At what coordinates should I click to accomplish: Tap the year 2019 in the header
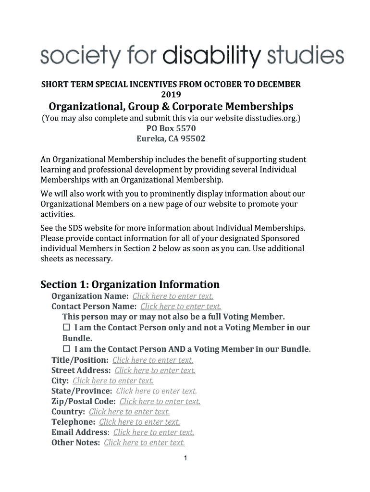[x=171, y=94]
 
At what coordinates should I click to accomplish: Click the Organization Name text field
[x=173, y=296]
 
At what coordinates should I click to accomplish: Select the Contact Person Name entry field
[x=181, y=307]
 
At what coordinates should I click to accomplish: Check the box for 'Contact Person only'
[x=66, y=327]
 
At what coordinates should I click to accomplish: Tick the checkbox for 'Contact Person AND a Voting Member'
[x=66, y=348]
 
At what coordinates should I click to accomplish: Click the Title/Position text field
[x=153, y=360]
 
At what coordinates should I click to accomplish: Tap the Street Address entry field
[x=155, y=370]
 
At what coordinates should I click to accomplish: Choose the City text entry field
[x=113, y=381]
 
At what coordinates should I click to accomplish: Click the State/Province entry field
[x=157, y=391]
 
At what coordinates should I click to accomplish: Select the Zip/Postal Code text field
[x=160, y=402]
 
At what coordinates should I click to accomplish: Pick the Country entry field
[x=129, y=412]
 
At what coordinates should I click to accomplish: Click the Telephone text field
[x=139, y=422]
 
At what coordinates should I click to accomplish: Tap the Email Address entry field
[x=154, y=432]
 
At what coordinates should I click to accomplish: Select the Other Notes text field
[x=144, y=443]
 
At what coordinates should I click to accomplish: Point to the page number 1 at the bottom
[x=185, y=458]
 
